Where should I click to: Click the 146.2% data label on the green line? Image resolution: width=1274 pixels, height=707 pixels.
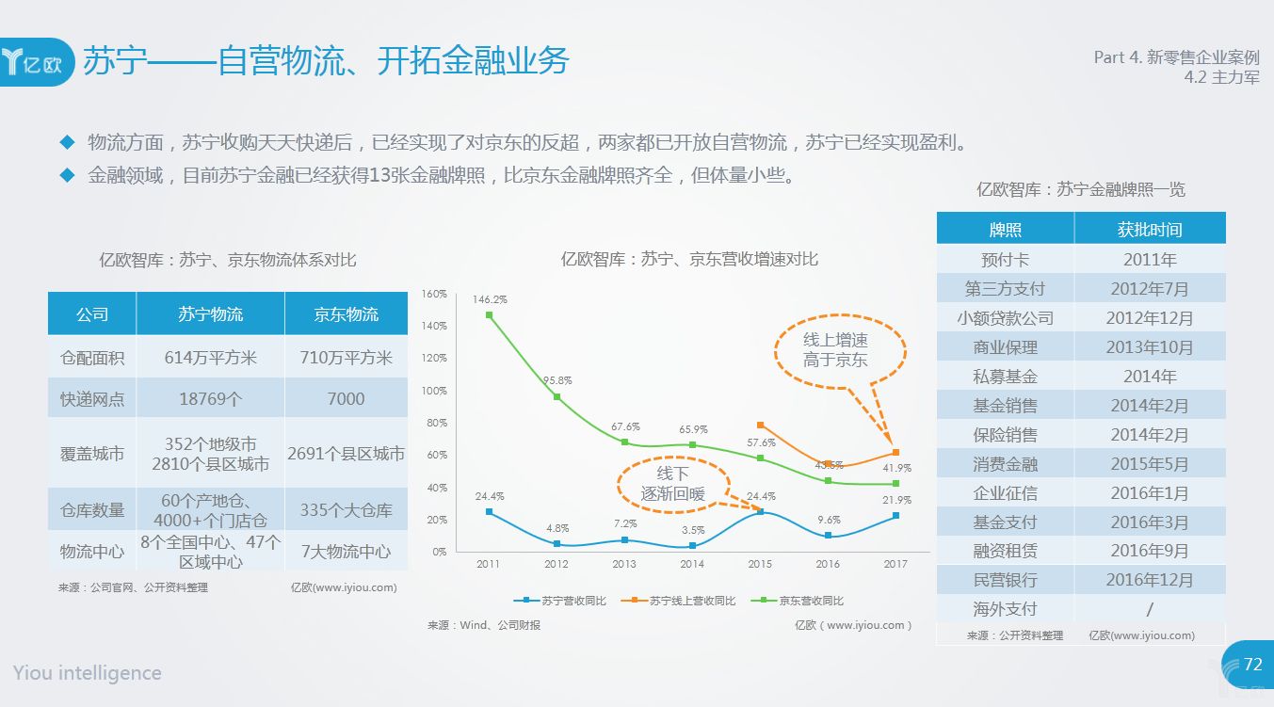pos(490,299)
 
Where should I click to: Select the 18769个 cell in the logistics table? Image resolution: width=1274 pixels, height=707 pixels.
pos(210,399)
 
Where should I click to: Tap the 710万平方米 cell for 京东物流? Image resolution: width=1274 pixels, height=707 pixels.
pos(346,357)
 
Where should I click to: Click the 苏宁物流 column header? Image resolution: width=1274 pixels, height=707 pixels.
pos(210,314)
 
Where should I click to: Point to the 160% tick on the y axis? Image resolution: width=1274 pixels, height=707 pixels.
pos(434,294)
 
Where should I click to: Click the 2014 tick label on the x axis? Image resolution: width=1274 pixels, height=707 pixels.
pos(691,564)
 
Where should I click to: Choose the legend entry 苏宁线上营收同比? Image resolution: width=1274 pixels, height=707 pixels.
pos(679,601)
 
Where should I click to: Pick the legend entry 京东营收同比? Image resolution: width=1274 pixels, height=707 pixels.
pos(798,601)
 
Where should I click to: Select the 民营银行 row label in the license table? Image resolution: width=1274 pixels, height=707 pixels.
pos(1005,580)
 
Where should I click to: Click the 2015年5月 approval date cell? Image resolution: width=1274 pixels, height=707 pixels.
pos(1150,463)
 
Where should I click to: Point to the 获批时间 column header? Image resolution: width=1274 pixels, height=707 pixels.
pos(1150,229)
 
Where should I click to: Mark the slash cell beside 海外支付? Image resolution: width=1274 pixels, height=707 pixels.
pos(1150,609)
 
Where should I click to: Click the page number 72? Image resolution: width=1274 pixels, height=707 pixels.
pos(1253,664)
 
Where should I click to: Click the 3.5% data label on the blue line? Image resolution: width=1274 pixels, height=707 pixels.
pos(693,530)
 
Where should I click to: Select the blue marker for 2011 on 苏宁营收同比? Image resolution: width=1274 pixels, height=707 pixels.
pos(489,511)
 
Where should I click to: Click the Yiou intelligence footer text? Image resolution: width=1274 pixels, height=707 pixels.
pos(87,673)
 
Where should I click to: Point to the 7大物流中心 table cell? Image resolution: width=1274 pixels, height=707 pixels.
pos(346,551)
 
